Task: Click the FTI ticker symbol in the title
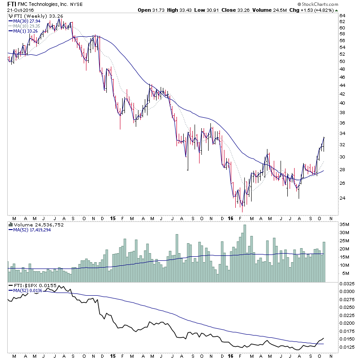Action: coord(13,4)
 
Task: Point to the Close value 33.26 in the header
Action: coord(251,10)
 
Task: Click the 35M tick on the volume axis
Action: coord(345,224)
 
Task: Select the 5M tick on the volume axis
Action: coord(343,273)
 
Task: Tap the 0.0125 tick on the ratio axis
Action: coord(348,347)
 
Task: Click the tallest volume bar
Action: coord(245,254)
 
